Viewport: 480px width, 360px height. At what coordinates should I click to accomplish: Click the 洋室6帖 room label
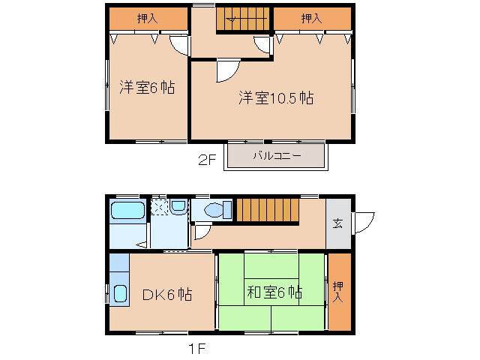pyautogui.click(x=147, y=88)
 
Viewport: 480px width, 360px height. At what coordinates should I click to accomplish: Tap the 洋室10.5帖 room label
pyautogui.click(x=277, y=98)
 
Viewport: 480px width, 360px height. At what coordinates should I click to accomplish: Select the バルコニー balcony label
pyautogui.click(x=276, y=157)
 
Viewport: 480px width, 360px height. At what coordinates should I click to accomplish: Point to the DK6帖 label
pyautogui.click(x=167, y=295)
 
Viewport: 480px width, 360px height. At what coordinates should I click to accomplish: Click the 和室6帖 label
pyautogui.click(x=274, y=292)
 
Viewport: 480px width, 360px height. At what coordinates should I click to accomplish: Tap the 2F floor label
pyautogui.click(x=207, y=159)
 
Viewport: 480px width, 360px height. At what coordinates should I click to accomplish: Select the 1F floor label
pyautogui.click(x=197, y=348)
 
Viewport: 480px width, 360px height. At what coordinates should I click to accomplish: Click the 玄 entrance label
pyautogui.click(x=337, y=223)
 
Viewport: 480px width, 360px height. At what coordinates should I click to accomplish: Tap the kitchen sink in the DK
pyautogui.click(x=120, y=293)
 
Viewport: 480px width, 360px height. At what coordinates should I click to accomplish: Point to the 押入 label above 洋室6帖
pyautogui.click(x=147, y=19)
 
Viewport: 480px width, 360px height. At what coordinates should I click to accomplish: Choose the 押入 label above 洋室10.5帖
pyautogui.click(x=311, y=19)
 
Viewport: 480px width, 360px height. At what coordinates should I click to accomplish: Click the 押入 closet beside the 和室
pyautogui.click(x=339, y=291)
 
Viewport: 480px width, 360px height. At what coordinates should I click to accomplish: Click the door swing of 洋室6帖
pyautogui.click(x=179, y=45)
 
